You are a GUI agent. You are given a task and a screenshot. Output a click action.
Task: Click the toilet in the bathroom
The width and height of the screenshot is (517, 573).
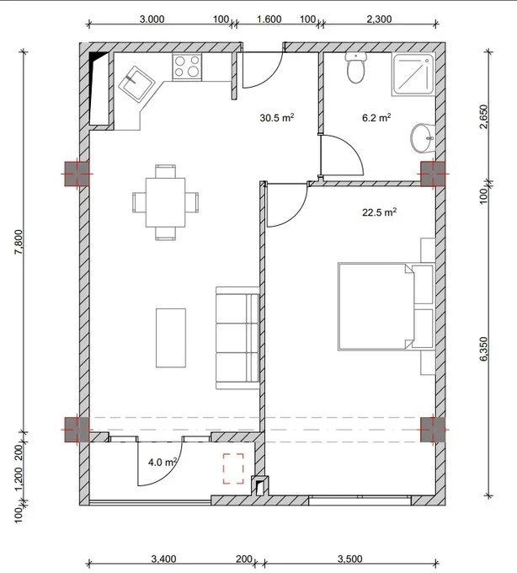pos(355,67)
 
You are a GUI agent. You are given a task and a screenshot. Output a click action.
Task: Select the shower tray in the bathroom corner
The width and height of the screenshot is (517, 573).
pos(413,74)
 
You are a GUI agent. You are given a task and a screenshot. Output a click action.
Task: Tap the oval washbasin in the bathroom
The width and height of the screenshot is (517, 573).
pos(423,137)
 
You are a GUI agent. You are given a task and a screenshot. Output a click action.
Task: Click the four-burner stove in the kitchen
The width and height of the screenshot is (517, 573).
pos(187,66)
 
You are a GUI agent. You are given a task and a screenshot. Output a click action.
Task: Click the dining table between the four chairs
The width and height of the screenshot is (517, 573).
pos(165,202)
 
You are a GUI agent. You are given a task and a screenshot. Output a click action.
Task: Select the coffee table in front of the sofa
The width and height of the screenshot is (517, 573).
pos(171,338)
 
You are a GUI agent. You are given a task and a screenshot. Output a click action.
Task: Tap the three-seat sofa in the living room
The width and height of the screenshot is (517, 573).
pos(237,338)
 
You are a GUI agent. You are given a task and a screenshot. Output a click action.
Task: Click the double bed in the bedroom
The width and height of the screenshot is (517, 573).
pos(386,306)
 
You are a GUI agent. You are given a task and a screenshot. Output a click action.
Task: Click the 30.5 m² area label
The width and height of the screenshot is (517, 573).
pos(277,118)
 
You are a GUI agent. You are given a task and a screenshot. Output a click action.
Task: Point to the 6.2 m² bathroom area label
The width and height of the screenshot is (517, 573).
pos(376,118)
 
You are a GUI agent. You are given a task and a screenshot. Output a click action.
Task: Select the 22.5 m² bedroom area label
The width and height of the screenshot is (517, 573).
pos(380,212)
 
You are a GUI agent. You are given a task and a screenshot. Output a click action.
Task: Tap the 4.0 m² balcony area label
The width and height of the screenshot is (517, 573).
pos(163,463)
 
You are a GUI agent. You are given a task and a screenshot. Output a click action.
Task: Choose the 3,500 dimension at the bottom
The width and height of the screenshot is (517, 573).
pos(349,559)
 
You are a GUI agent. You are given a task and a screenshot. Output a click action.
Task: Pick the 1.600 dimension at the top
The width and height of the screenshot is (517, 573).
pos(269,19)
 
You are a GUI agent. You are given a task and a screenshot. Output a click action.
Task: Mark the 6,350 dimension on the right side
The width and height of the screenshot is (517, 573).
pos(483,349)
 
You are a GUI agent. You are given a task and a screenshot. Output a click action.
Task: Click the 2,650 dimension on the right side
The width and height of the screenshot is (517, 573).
pos(483,116)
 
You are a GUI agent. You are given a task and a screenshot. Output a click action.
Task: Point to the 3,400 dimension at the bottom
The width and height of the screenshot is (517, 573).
pos(163,559)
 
